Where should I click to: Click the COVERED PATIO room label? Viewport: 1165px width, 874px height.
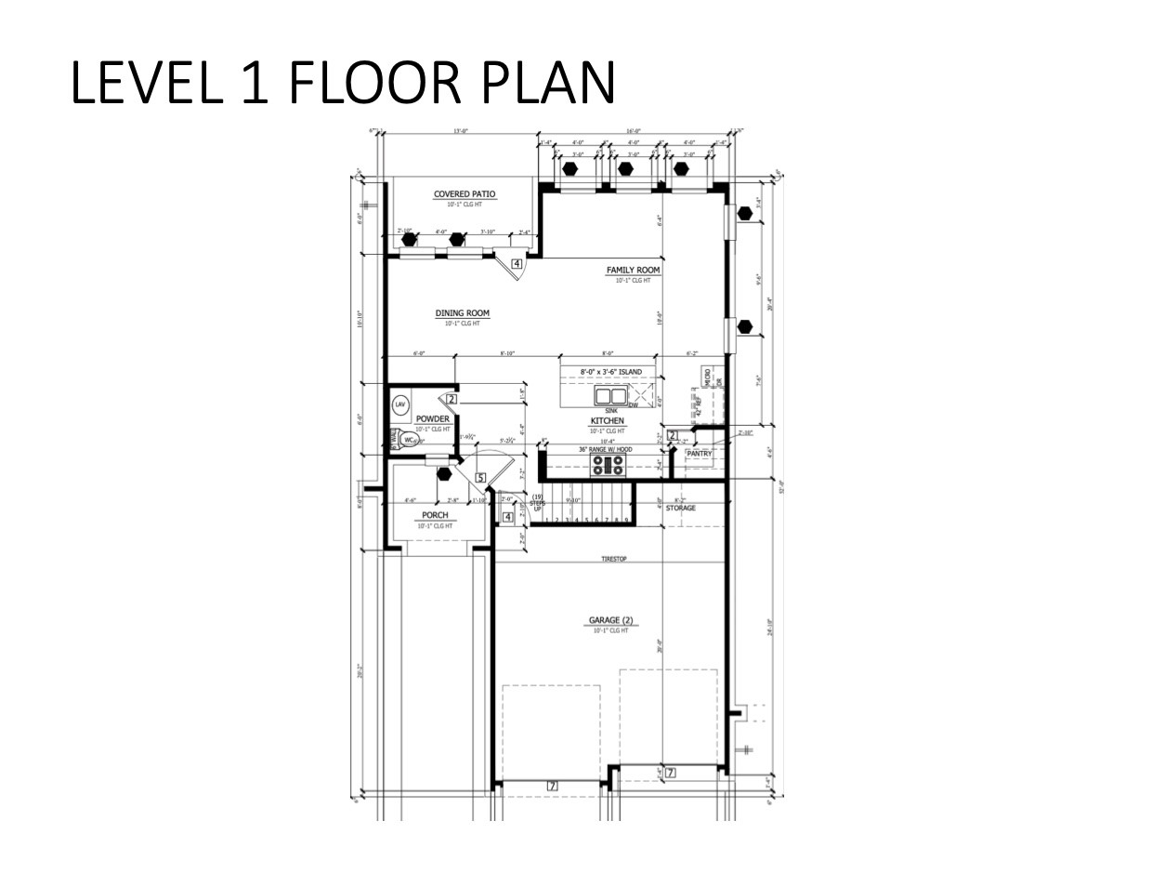click(465, 194)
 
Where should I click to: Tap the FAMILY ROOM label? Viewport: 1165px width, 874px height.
click(633, 271)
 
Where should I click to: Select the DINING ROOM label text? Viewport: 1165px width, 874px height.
click(462, 313)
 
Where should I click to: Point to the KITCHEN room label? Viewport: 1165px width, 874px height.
click(606, 421)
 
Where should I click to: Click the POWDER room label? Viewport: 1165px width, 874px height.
click(433, 419)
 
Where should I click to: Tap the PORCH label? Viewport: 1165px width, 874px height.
click(435, 515)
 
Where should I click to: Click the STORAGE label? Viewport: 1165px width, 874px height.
click(680, 508)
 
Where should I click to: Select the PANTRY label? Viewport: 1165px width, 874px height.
click(699, 454)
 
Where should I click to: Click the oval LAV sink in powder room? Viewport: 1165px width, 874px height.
click(400, 404)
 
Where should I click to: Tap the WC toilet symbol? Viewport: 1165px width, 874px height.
click(408, 440)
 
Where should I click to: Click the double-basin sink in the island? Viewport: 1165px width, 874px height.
click(610, 396)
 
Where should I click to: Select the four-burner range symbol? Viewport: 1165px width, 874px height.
click(606, 464)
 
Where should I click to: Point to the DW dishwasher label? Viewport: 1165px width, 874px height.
click(634, 404)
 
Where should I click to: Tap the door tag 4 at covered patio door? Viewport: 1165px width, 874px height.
click(517, 264)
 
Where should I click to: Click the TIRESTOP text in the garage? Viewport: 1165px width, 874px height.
click(614, 559)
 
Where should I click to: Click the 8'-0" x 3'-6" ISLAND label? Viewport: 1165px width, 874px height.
click(610, 372)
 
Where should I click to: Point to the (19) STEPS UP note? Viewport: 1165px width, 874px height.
click(537, 503)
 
